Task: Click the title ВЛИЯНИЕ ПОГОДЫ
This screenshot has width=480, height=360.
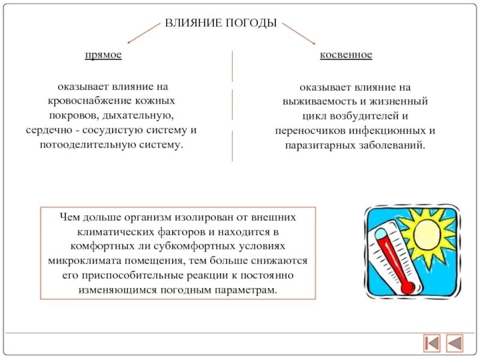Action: (x=221, y=23)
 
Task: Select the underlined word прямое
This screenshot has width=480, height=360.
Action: (x=103, y=55)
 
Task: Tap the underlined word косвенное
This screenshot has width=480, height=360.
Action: (x=346, y=55)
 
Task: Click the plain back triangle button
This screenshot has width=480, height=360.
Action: (x=455, y=343)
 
